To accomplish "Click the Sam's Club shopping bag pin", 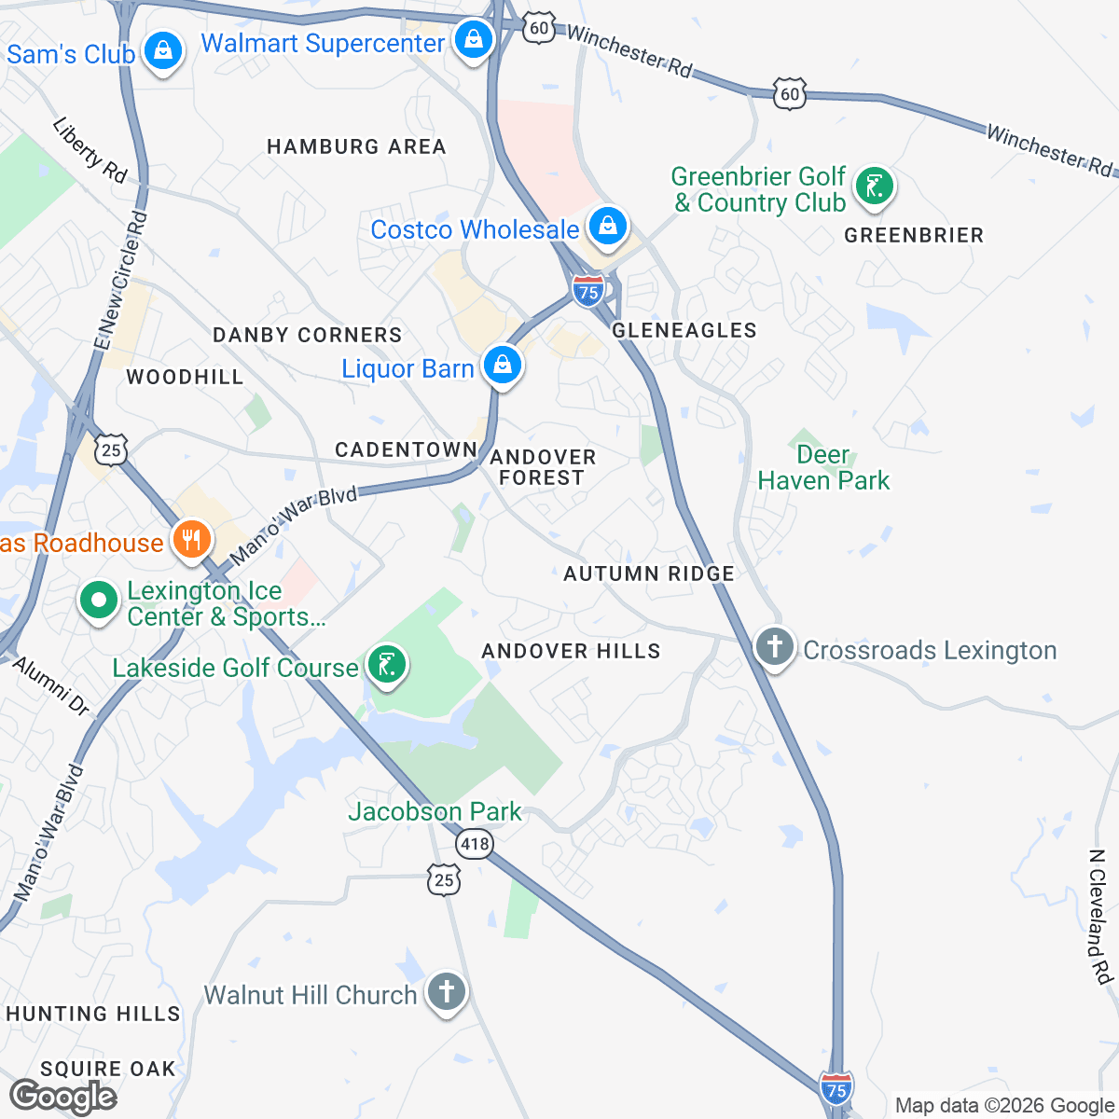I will [163, 50].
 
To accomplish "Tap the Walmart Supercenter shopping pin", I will [474, 40].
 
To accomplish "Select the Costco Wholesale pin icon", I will [608, 227].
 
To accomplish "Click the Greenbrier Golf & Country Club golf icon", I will [874, 186].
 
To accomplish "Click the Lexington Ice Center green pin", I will [100, 601].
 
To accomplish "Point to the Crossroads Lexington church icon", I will [775, 646].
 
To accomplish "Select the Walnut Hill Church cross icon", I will [446, 991].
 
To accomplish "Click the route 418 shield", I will [474, 845].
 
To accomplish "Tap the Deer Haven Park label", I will [823, 468].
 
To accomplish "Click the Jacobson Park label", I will [435, 812].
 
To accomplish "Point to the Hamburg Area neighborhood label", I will [356, 146].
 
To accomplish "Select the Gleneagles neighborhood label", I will [684, 330].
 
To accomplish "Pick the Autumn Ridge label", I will [649, 573].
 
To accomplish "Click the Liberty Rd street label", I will [90, 149].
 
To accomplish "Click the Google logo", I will [63, 1097].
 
